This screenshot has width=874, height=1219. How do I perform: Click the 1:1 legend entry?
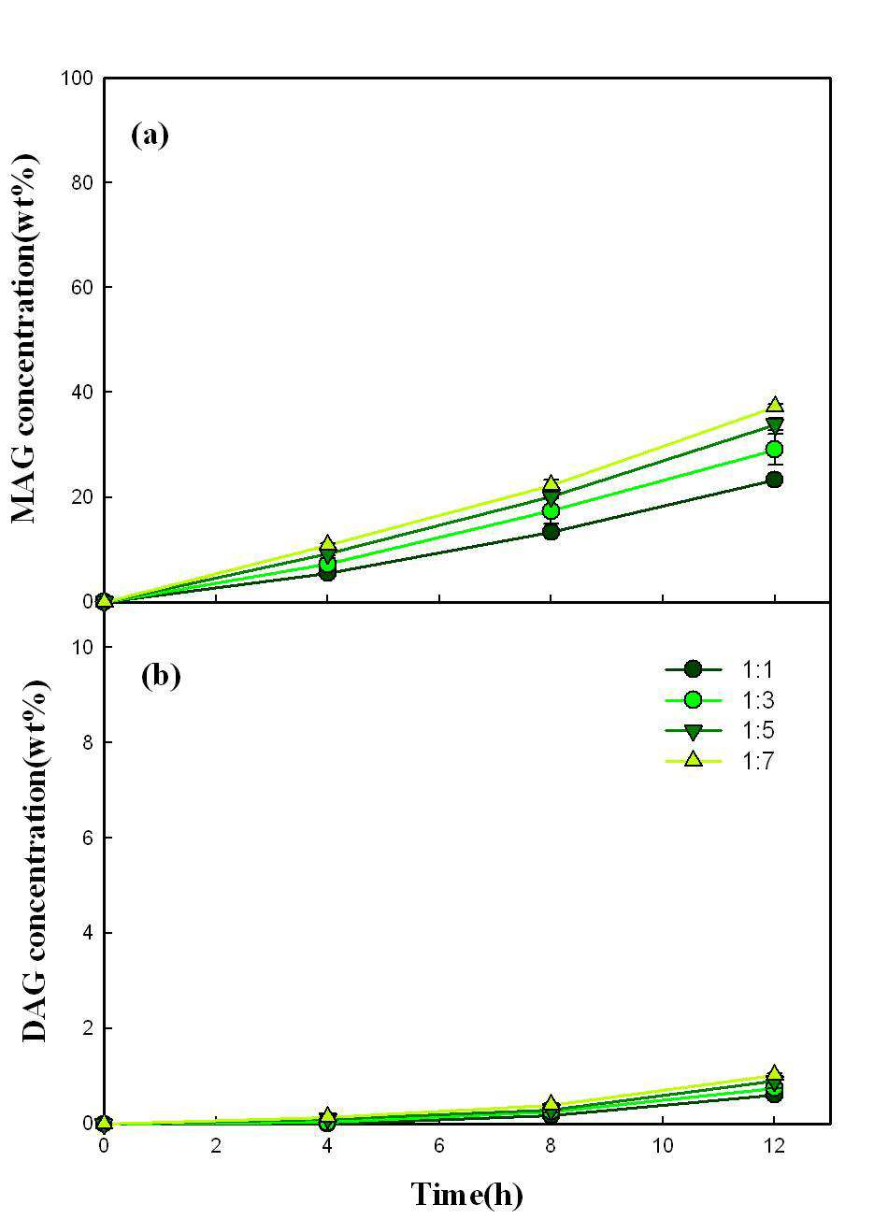[x=718, y=669]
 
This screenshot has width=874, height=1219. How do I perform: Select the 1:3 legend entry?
[x=718, y=700]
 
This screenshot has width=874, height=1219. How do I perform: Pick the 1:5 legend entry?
[x=718, y=730]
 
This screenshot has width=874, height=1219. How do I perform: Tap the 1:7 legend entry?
[x=718, y=761]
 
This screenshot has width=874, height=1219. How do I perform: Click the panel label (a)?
[x=150, y=135]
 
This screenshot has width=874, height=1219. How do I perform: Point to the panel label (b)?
[x=161, y=677]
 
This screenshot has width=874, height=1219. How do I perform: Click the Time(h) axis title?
[x=466, y=1194]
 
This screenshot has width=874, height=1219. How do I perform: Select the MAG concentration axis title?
[x=24, y=338]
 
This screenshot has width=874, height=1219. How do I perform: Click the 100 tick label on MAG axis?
[x=76, y=78]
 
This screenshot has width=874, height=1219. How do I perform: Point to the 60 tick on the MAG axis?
[x=81, y=287]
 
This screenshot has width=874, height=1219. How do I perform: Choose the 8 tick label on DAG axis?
[x=87, y=742]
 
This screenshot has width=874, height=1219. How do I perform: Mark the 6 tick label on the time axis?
[x=438, y=1145]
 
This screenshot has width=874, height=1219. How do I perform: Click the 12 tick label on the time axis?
[x=774, y=1145]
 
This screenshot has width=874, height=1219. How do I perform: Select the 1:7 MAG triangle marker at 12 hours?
[x=774, y=405]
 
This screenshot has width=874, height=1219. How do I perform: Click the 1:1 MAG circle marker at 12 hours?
[x=774, y=480]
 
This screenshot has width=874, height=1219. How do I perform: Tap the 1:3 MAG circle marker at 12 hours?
[x=774, y=450]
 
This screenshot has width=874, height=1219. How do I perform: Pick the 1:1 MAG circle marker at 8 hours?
[x=551, y=532]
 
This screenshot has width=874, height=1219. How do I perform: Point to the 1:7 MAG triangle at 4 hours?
[x=327, y=543]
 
